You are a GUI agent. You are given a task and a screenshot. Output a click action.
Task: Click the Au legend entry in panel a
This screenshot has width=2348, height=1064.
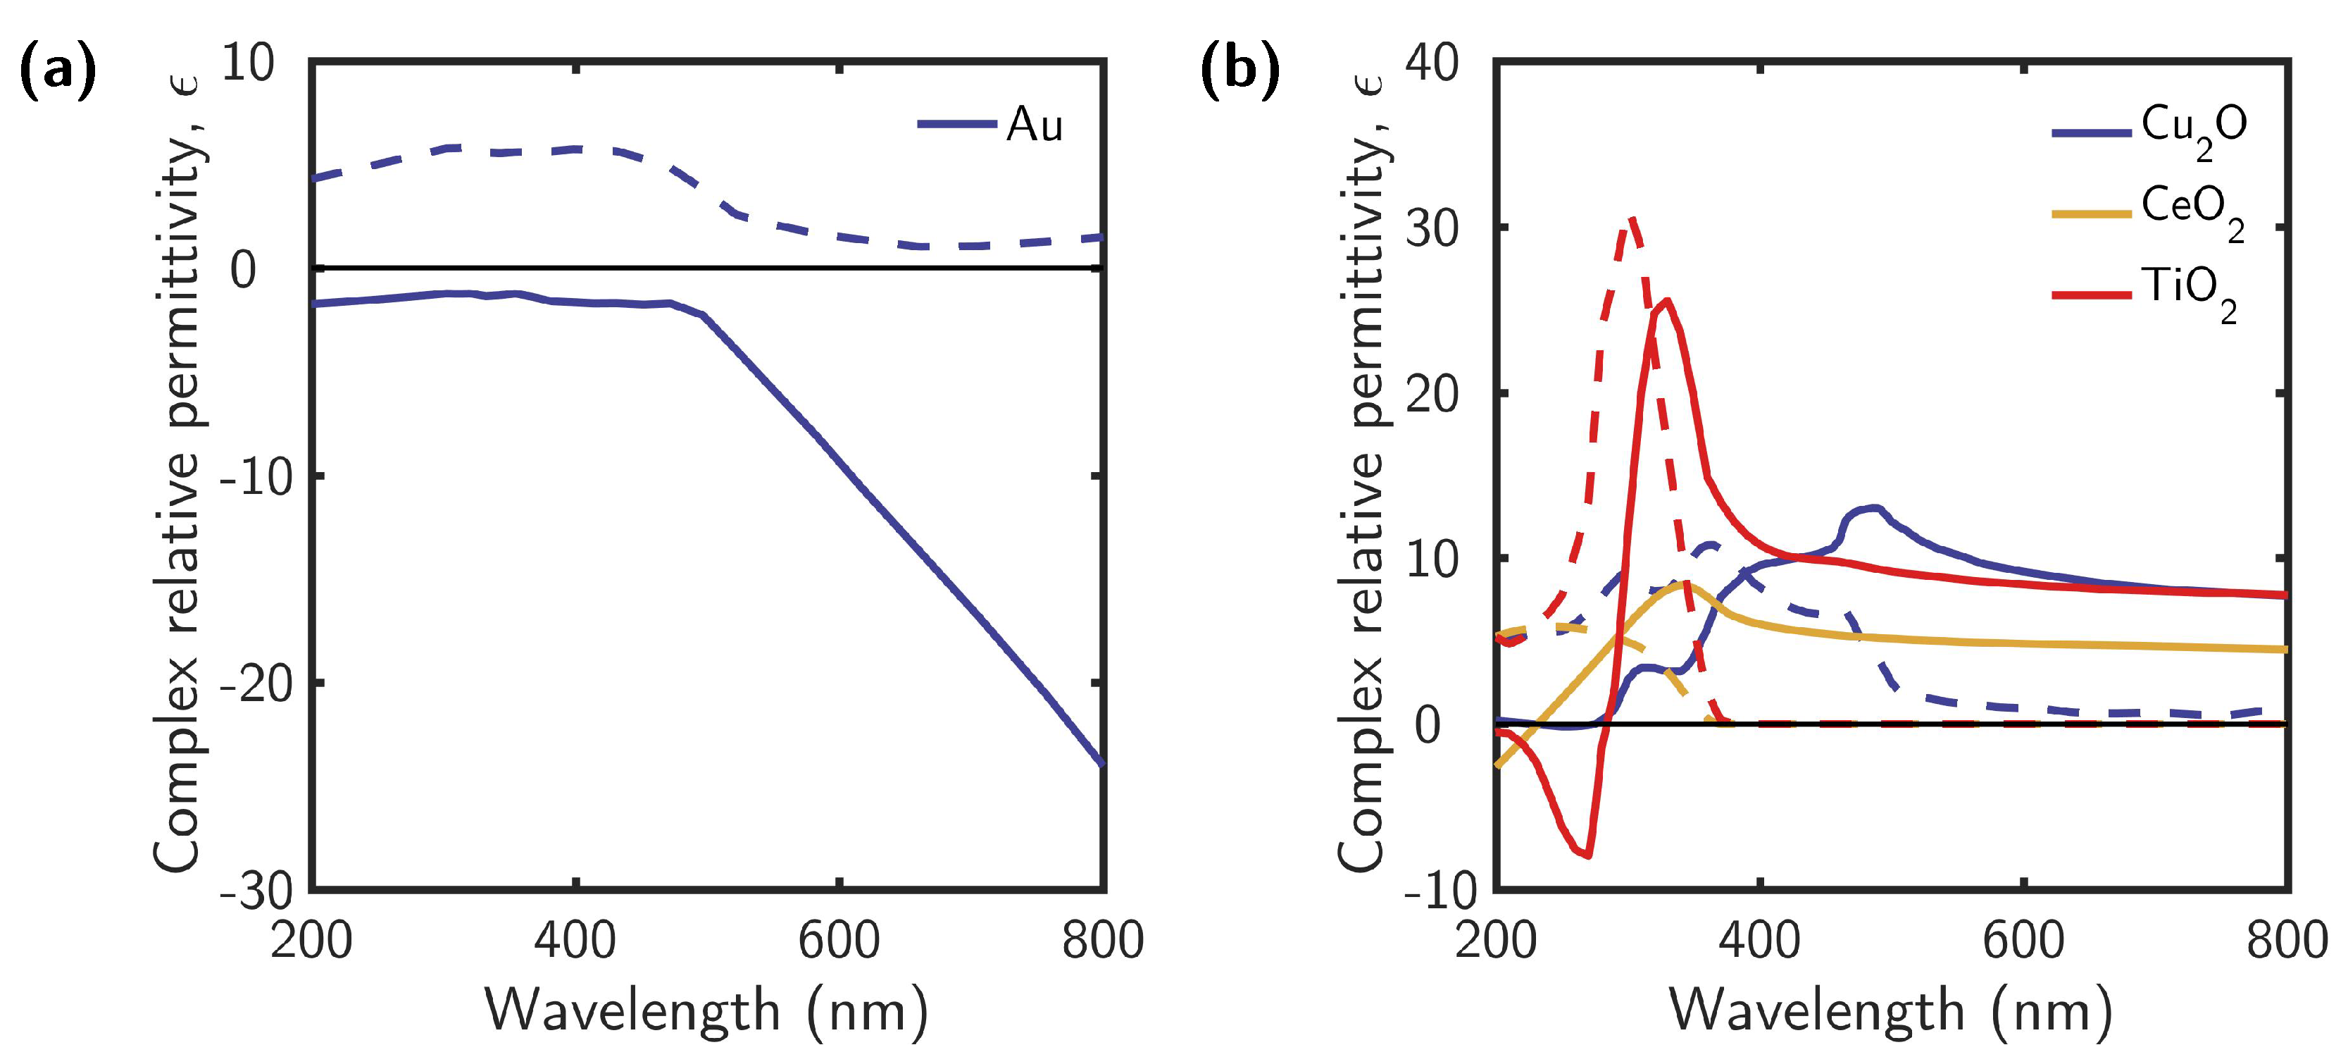(1034, 124)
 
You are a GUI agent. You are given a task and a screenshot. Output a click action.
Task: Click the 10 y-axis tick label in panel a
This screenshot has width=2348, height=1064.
(247, 64)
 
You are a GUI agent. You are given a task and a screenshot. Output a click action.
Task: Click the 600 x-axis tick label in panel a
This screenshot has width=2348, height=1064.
(839, 940)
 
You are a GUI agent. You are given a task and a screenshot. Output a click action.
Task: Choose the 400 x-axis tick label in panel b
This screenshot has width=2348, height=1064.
(1759, 940)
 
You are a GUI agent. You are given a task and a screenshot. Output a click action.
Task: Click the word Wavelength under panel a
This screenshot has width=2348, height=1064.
(632, 1011)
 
